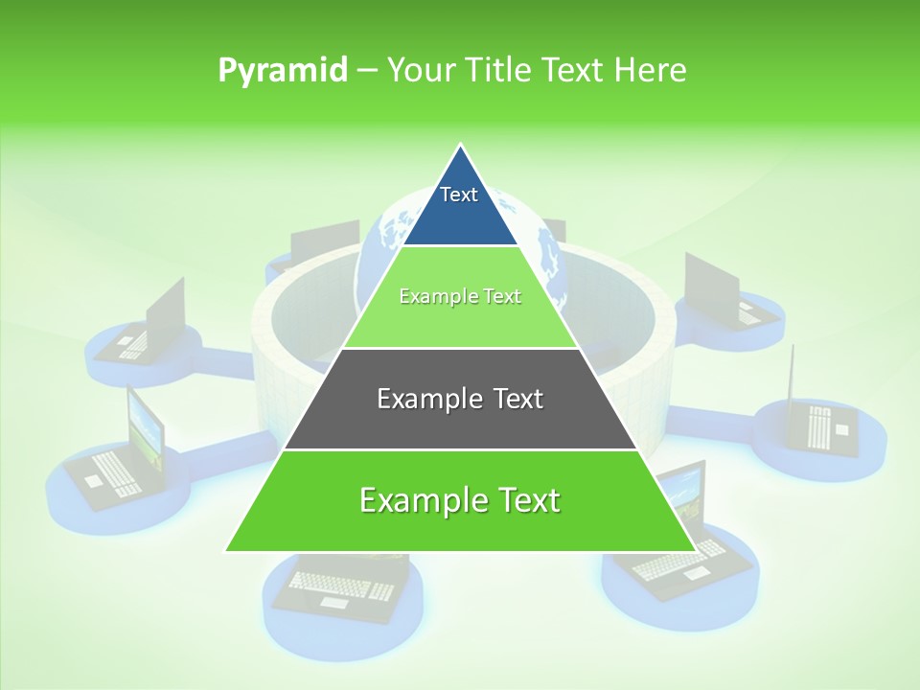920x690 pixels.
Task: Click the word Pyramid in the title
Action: tap(282, 71)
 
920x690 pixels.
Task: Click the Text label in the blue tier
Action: tap(459, 195)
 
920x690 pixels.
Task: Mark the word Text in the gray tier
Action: tap(518, 399)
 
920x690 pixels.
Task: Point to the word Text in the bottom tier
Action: tap(530, 500)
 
